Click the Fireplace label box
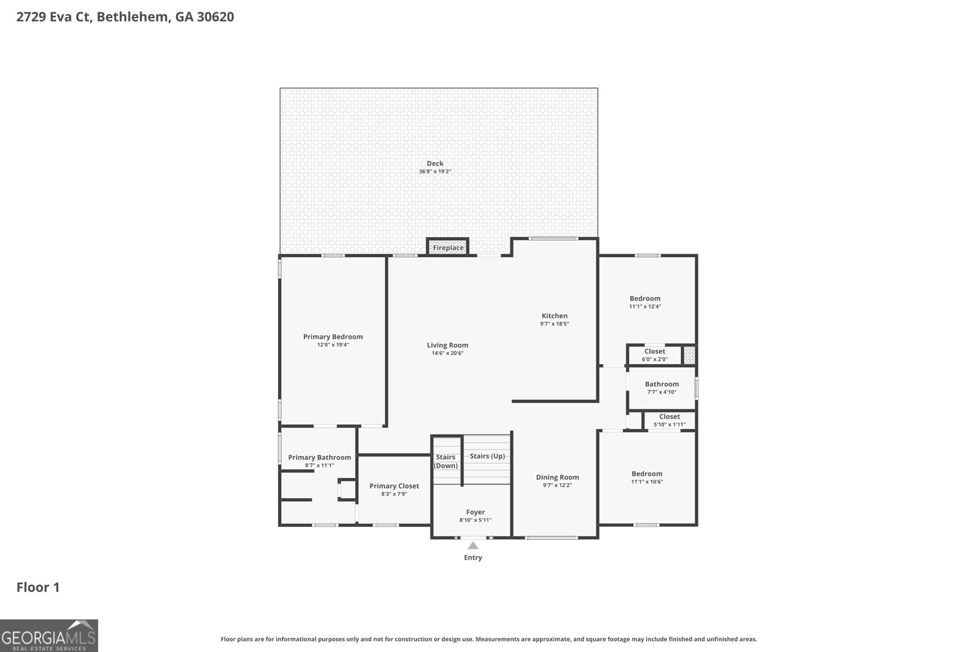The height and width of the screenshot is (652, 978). tap(448, 247)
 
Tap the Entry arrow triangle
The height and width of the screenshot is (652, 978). tap(472, 546)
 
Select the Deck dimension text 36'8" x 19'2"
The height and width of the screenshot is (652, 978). tap(435, 172)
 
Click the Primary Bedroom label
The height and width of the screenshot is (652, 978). tap(333, 337)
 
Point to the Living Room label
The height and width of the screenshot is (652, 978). tap(447, 345)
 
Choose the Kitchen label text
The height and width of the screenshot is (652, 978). tap(554, 316)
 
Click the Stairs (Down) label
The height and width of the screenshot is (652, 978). tap(446, 461)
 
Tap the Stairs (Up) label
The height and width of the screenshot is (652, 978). tap(487, 456)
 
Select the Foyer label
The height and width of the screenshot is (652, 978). tap(476, 512)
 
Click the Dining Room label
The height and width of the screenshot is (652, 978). tap(557, 477)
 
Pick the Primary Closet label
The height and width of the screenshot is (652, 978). tap(394, 486)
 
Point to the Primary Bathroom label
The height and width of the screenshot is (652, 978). tap(320, 457)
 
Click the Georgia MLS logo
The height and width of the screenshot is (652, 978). tap(49, 636)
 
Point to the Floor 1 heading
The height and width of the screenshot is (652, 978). tap(38, 587)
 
